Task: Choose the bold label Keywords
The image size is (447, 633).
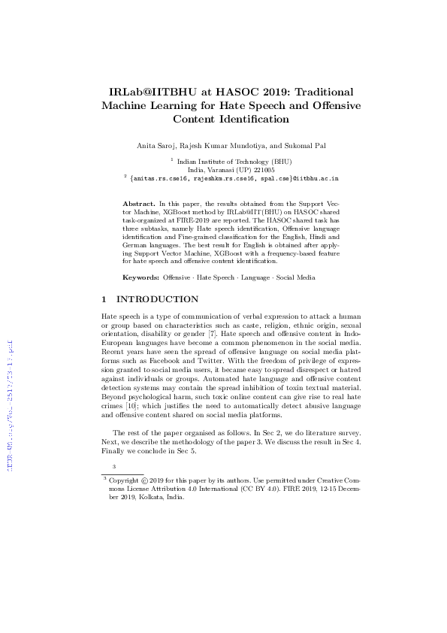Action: [141, 277]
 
